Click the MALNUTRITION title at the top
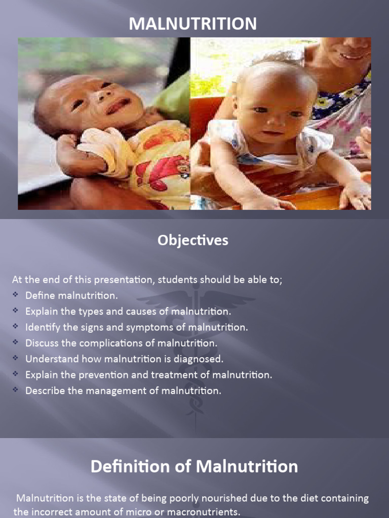pyautogui.click(x=192, y=23)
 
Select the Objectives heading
pyautogui.click(x=192, y=240)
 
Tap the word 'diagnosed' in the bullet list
pyautogui.click(x=200, y=359)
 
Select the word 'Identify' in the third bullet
pyautogui.click(x=41, y=327)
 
